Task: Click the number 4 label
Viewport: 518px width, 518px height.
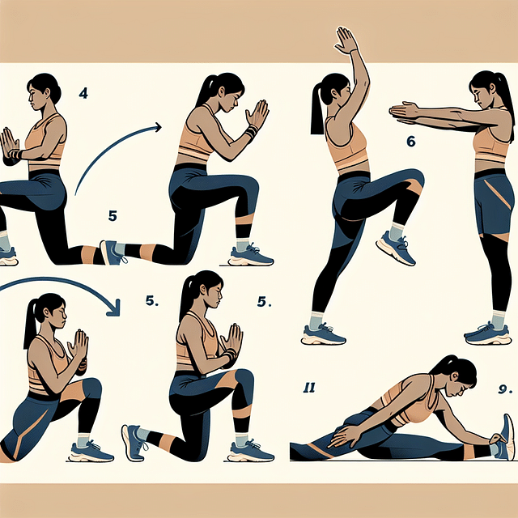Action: (x=83, y=93)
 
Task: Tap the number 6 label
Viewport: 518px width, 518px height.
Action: (x=410, y=142)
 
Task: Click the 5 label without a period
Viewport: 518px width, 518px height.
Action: (x=113, y=216)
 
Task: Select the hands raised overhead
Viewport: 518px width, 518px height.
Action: (x=346, y=40)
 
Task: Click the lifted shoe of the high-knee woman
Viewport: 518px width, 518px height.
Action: (x=396, y=248)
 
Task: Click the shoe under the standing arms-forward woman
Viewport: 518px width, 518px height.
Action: (x=489, y=333)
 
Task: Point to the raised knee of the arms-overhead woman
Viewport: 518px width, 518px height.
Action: (x=414, y=180)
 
